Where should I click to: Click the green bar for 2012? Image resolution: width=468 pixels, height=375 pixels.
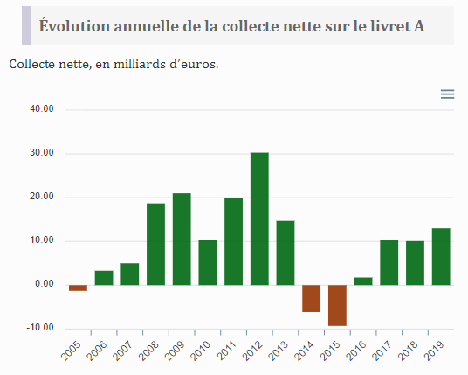[x=259, y=219]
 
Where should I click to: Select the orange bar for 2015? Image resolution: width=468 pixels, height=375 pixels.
[x=337, y=305]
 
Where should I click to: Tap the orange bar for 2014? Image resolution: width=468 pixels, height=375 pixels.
[x=311, y=298]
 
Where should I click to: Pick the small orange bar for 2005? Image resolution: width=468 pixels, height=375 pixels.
[x=78, y=288]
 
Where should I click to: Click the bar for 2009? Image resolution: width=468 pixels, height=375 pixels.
[x=182, y=239]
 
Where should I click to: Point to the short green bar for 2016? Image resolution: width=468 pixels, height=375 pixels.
[x=363, y=281]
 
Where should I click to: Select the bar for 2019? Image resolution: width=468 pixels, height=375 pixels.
[x=441, y=256]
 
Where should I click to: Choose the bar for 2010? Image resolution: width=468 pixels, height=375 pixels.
[x=208, y=262]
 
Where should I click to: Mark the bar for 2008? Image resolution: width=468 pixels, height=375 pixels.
[x=155, y=244]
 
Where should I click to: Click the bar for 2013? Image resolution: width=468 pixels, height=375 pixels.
[x=286, y=253]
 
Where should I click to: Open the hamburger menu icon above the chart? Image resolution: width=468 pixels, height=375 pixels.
[x=447, y=94]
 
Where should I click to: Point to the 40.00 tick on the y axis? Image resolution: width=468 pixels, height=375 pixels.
[x=41, y=109]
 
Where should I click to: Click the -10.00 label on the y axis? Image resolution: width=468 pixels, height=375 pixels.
[x=40, y=328]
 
